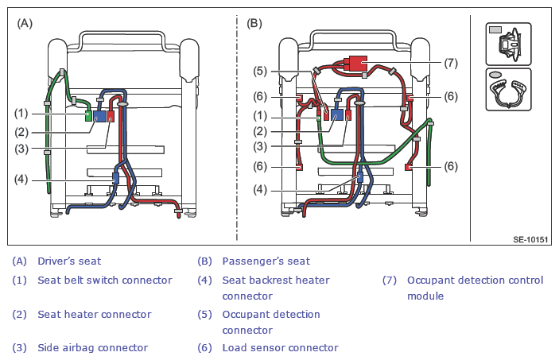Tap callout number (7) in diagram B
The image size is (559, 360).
tap(451, 63)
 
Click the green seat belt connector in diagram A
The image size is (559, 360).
tap(88, 116)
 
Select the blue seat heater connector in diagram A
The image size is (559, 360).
tap(100, 116)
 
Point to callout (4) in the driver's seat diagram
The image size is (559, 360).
tap(21, 180)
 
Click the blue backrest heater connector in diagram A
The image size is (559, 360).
tap(115, 178)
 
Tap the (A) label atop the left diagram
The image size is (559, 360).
tap(25, 24)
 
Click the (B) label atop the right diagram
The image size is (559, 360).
tap(254, 24)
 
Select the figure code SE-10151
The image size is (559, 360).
tap(530, 239)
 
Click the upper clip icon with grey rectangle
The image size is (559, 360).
tap(508, 44)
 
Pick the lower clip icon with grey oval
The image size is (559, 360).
tap(508, 90)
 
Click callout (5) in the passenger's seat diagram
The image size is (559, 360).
tap(260, 71)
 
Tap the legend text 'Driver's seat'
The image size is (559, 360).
tap(69, 261)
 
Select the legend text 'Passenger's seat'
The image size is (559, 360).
tap(266, 261)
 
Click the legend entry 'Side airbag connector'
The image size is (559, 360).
tap(93, 348)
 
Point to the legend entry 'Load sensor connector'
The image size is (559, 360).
tap(280, 348)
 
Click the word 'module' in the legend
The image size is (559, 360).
tap(425, 296)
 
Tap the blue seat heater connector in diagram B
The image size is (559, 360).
tap(337, 114)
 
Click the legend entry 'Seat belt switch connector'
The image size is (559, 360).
tap(105, 281)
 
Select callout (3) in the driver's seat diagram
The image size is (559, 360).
tap(21, 149)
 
